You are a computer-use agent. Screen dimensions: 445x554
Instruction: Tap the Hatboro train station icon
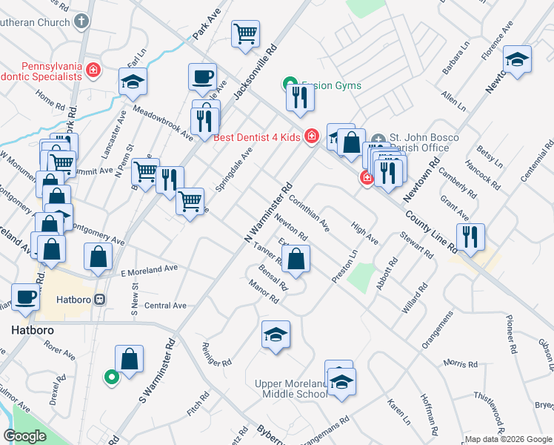click(101, 299)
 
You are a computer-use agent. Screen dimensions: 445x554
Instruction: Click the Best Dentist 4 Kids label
click(258, 137)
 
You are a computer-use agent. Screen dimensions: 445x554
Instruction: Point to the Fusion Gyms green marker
click(290, 85)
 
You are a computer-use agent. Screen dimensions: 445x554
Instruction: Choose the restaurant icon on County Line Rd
click(470, 236)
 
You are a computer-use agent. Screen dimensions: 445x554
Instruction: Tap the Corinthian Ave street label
click(309, 212)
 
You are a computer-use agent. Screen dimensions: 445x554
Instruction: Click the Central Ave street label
click(165, 306)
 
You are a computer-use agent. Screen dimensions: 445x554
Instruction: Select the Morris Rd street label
click(461, 363)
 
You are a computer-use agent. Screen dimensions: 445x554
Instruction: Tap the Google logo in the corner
click(25, 436)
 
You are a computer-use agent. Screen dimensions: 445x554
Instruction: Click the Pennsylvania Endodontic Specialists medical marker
click(94, 71)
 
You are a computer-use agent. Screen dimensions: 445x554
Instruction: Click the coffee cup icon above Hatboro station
click(26, 297)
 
